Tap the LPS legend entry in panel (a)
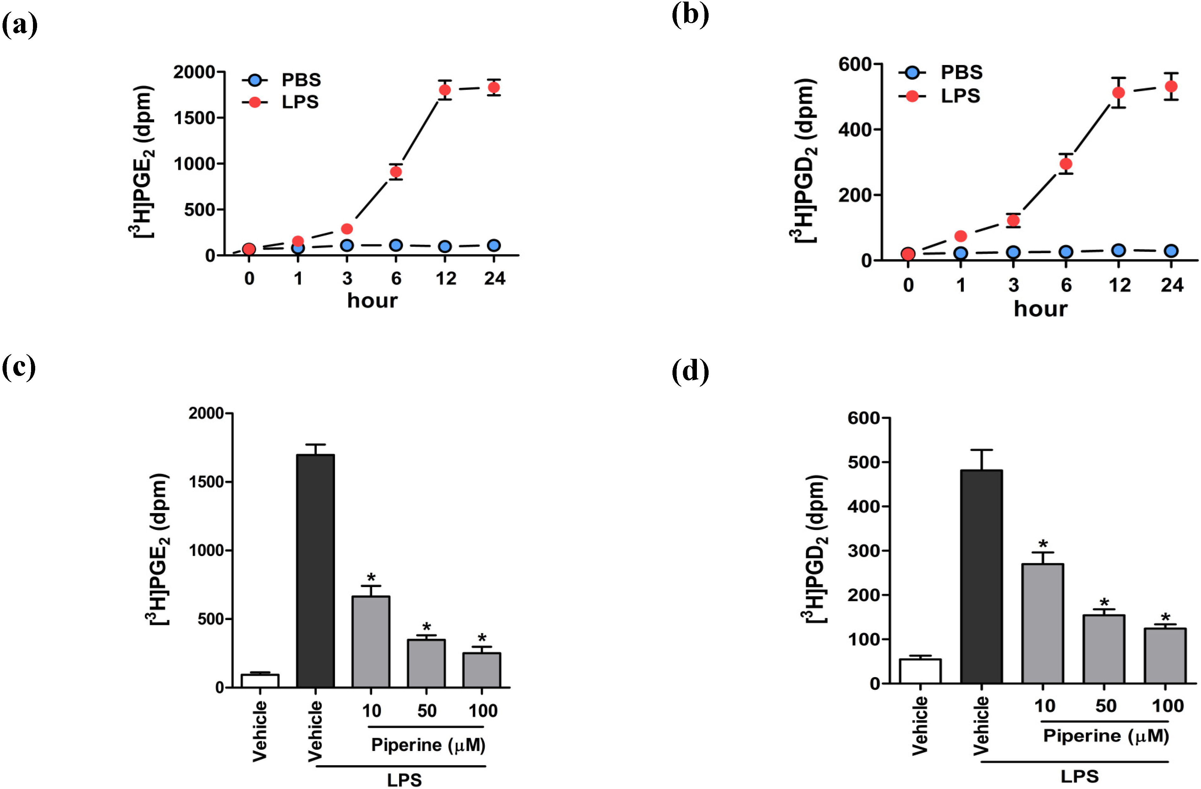pyautogui.click(x=300, y=102)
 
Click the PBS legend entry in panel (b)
pyautogui.click(x=961, y=73)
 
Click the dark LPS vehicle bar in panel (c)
pyautogui.click(x=315, y=570)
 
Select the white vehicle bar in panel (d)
pyautogui.click(x=920, y=671)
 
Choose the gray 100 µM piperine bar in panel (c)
pyautogui.click(x=482, y=669)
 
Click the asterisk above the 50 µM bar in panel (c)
pyautogui.click(x=426, y=627)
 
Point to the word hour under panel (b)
pyautogui.click(x=1041, y=309)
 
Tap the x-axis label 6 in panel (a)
pyautogui.click(x=396, y=278)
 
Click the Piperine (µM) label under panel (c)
pyautogui.click(x=428, y=745)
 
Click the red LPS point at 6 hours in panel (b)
pyautogui.click(x=1066, y=164)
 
